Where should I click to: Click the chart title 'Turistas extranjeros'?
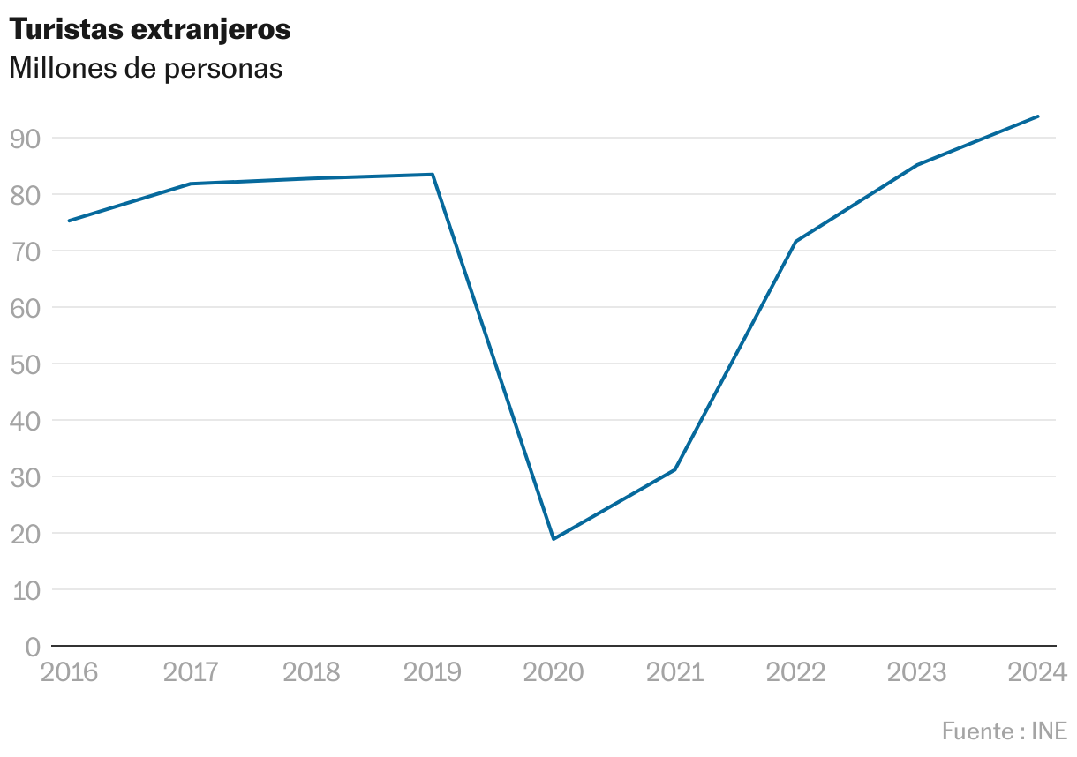(x=149, y=30)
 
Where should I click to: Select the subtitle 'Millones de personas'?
(x=146, y=69)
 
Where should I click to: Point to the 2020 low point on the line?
(x=554, y=538)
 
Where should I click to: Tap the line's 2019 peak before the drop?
(x=433, y=175)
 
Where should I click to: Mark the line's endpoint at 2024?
(x=1038, y=116)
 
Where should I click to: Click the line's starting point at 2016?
(x=69, y=221)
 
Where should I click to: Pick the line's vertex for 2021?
(x=674, y=469)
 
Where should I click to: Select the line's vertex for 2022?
(x=795, y=241)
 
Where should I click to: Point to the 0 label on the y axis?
(x=34, y=647)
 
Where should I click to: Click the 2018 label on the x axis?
(x=311, y=673)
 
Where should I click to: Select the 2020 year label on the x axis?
(x=554, y=673)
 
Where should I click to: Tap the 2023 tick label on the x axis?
(x=916, y=673)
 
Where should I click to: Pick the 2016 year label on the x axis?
(x=70, y=673)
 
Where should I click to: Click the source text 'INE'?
(x=1050, y=731)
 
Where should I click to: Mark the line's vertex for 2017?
(x=190, y=184)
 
